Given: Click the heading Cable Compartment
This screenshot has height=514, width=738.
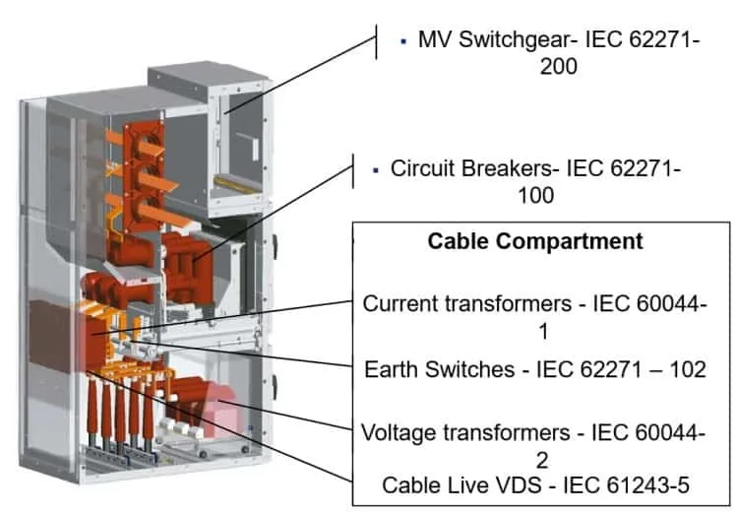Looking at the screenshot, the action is [534, 241].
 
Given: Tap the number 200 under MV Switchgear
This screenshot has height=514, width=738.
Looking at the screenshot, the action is [558, 66].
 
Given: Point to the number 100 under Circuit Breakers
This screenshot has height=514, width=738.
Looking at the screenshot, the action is [535, 196].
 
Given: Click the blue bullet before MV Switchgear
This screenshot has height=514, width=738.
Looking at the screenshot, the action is [402, 41].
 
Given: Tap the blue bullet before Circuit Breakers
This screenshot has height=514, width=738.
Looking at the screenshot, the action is [375, 170].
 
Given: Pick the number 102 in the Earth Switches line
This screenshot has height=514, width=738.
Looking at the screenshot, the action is [688, 369].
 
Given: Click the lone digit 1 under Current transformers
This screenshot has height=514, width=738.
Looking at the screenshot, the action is [543, 331].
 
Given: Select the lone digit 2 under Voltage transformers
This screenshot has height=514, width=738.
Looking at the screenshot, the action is [542, 460].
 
